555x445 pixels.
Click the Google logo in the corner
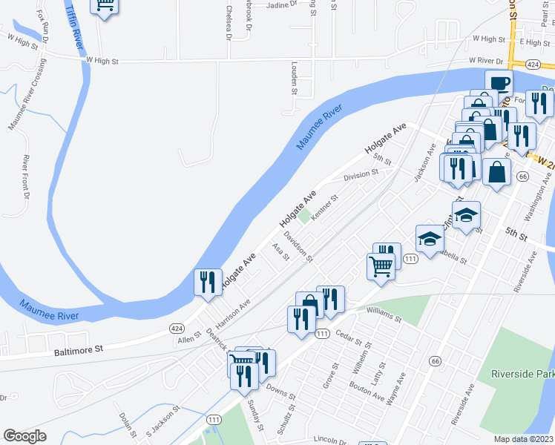point(25,436)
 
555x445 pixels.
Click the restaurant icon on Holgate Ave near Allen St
point(207,283)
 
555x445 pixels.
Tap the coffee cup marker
point(499,82)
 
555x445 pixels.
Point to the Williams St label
point(383,318)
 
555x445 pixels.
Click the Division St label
point(361,176)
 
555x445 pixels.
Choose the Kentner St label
point(324,208)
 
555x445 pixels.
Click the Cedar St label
point(353,337)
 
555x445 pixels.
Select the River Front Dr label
point(25,177)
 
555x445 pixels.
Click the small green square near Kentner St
point(304,216)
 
